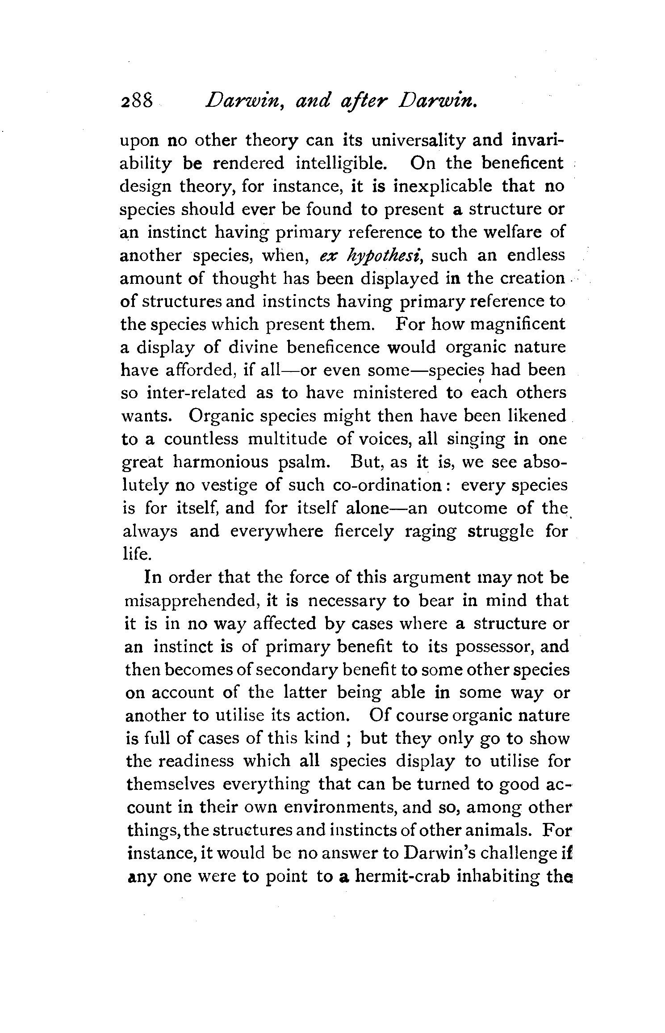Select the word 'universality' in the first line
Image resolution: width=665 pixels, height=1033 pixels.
point(419,141)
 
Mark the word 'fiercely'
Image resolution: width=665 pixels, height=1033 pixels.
point(364,531)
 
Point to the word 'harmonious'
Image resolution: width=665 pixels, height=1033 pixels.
point(221,462)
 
